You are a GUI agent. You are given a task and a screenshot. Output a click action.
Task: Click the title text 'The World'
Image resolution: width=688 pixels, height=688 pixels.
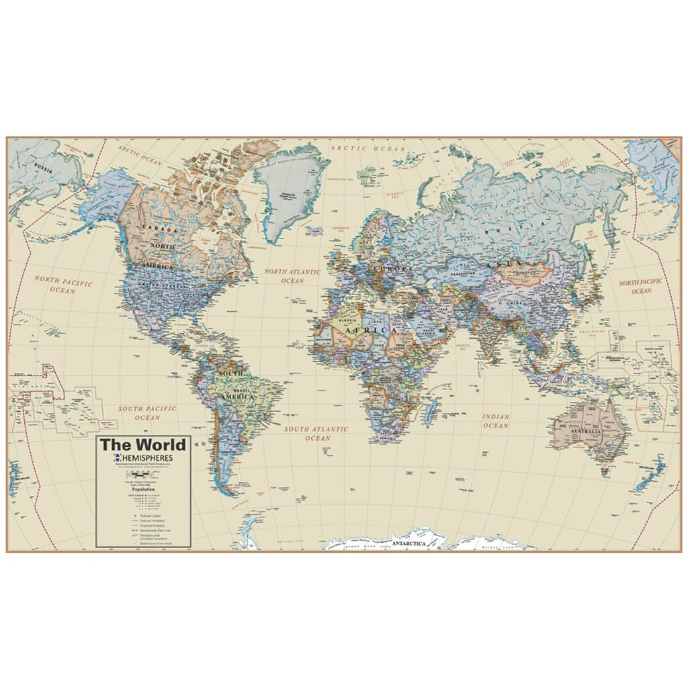(142, 445)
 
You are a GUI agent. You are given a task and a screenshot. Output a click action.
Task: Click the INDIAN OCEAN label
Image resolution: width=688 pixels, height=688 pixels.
(496, 421)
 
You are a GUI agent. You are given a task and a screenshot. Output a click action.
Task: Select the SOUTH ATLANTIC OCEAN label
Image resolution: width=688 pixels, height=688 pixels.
(316, 433)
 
